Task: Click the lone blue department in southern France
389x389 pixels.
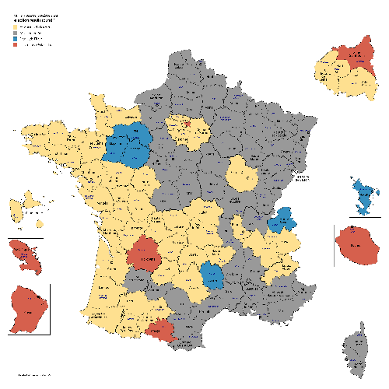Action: (210, 275)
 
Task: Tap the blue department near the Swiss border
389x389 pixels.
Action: (281, 221)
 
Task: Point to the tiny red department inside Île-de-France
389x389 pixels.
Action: (185, 122)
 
